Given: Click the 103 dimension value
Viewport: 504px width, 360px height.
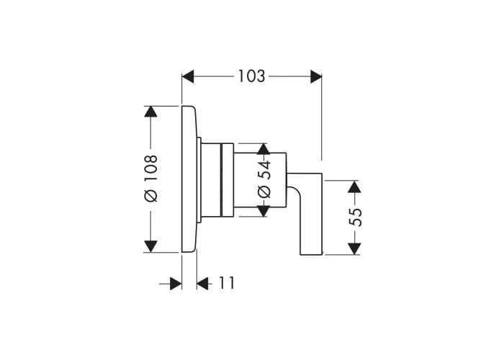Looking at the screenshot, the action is [251, 76].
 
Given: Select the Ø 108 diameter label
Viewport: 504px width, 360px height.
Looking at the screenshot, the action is [150, 179].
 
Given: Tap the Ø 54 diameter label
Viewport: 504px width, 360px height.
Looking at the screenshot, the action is [264, 179].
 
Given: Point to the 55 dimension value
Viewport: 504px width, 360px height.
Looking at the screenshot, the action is [355, 217].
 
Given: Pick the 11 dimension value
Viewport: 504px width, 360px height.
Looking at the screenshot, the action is [227, 283].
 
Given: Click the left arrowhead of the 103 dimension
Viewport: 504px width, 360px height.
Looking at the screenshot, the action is [188, 76].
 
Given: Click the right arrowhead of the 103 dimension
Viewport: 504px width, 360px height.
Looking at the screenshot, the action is [316, 76].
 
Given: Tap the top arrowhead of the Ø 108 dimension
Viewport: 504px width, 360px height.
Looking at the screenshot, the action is [150, 112].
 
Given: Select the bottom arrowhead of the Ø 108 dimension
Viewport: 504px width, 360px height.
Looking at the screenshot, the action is [150, 246].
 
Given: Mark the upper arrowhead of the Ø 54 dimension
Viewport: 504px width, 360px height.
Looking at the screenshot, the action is [264, 149].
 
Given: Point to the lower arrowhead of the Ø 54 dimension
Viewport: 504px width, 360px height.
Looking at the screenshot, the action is [264, 211].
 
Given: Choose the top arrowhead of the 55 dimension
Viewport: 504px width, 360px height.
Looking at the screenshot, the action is [354, 186].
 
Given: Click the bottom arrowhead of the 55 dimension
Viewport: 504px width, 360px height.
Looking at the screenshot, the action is [354, 249].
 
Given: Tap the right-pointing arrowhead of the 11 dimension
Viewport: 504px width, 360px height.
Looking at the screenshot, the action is [176, 284].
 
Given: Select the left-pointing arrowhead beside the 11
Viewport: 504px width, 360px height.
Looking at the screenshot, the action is [202, 284].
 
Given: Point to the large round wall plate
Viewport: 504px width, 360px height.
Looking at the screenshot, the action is [189, 179].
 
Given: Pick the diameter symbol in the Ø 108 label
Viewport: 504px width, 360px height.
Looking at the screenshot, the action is [150, 196].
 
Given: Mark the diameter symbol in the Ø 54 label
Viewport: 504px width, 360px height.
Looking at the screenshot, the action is [264, 192].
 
